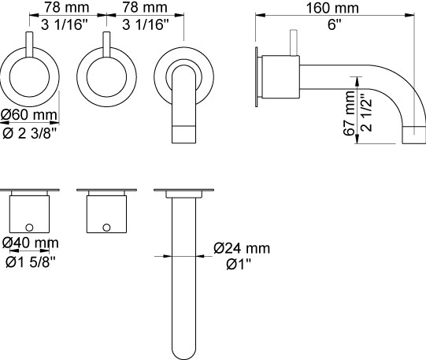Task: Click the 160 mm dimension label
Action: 332,8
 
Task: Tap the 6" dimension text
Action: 334,24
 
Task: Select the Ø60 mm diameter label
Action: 29,115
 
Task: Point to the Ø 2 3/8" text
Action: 30,133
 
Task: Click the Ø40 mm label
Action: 30,243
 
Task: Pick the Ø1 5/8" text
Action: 31,262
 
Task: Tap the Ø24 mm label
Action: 242,248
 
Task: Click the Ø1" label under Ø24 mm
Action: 239,264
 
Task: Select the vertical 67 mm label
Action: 349,113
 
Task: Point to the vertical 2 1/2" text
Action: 366,113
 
